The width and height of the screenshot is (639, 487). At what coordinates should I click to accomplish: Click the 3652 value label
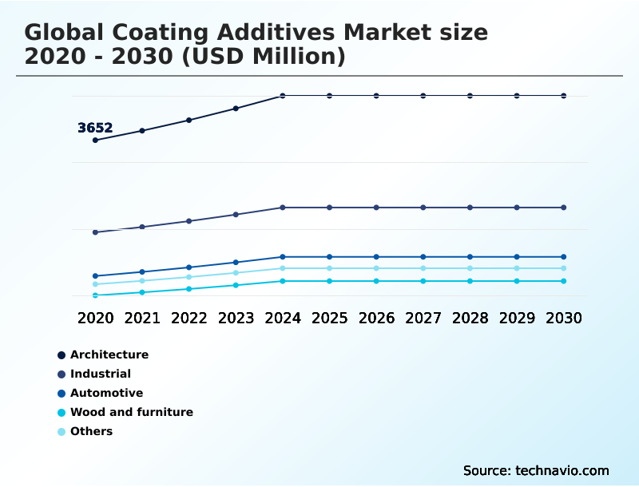[95, 128]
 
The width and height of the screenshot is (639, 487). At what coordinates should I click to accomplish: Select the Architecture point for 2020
[96, 141]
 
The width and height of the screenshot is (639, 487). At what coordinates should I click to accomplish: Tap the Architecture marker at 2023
[236, 109]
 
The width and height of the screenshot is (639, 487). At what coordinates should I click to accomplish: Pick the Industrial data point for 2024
[283, 208]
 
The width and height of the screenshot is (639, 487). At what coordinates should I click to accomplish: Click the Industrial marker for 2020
[96, 232]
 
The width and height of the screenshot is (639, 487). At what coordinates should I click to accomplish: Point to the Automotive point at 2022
[189, 267]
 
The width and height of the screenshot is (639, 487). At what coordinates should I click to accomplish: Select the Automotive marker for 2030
[564, 257]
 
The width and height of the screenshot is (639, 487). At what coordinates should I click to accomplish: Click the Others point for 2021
[142, 281]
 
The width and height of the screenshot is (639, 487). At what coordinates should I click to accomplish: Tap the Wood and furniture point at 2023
[236, 285]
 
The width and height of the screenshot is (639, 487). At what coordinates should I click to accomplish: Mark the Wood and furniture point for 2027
[423, 281]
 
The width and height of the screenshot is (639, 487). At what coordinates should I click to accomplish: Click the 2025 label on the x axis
[329, 318]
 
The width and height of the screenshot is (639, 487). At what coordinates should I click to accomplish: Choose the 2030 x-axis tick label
[564, 318]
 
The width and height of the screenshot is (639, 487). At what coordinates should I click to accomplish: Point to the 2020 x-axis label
[96, 318]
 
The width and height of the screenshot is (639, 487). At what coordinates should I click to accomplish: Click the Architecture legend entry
[109, 354]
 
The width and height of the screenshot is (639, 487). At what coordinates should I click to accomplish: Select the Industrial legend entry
[100, 374]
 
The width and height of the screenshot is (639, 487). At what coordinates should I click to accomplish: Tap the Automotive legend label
[106, 393]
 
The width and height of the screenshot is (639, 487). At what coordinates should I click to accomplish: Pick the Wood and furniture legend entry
[131, 412]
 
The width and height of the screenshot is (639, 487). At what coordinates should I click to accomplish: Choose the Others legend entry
[91, 431]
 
